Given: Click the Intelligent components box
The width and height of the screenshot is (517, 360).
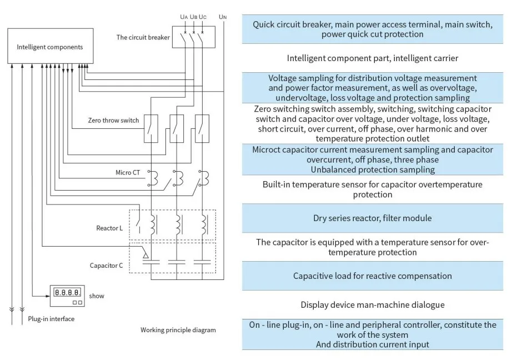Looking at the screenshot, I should click(x=50, y=47).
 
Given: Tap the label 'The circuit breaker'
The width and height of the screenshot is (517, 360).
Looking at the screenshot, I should click(x=143, y=38).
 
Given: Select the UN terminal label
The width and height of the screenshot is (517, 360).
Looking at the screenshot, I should click(x=223, y=17).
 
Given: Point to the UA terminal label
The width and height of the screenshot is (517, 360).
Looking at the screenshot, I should click(x=183, y=17).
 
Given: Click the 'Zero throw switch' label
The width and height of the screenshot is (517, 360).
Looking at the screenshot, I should click(x=113, y=120).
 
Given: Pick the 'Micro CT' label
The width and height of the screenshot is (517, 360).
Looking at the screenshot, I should click(x=128, y=173).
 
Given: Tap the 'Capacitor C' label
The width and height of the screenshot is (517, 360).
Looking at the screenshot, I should click(x=107, y=266).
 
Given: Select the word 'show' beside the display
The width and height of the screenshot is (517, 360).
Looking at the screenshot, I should click(x=97, y=296).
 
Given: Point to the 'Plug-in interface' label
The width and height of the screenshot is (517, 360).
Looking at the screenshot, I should click(x=51, y=319).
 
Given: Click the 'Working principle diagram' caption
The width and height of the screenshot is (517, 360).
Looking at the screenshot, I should click(x=178, y=330).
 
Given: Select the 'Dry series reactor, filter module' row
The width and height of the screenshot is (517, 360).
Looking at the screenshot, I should click(x=372, y=218).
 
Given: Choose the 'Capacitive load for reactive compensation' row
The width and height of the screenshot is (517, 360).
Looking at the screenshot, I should click(x=372, y=276).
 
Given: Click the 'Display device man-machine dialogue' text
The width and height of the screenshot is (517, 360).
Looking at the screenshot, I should click(x=372, y=305).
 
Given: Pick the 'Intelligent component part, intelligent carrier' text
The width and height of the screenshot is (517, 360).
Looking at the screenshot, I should click(x=372, y=58).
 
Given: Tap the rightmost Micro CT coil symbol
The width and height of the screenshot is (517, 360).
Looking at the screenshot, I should click(x=204, y=178).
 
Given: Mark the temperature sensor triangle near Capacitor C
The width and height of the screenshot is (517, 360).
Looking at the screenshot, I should click(x=145, y=255).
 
